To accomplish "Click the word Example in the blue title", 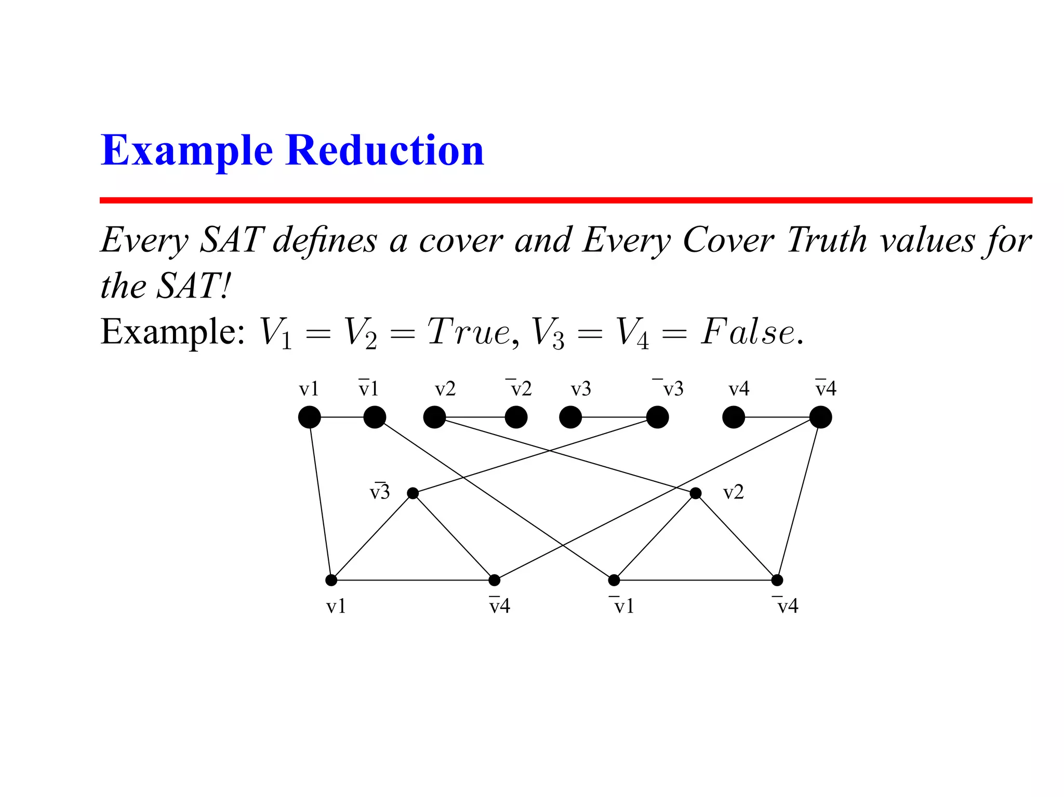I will click(x=187, y=151).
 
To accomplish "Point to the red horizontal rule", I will click(x=565, y=200).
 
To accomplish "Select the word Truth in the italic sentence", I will click(x=827, y=240).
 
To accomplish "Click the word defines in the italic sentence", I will click(x=325, y=240).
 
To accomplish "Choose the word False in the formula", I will click(x=748, y=332).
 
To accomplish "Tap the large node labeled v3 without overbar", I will click(x=570, y=417).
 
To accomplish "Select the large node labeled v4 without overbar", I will click(x=734, y=417).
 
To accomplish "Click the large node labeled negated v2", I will click(x=516, y=417).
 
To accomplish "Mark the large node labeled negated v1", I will click(x=375, y=417).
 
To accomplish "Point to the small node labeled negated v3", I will click(x=413, y=493).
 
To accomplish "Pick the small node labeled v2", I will click(x=696, y=493).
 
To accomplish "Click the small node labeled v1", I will click(x=331, y=580).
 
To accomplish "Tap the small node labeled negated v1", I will click(x=614, y=580).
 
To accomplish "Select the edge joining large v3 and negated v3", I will click(x=613, y=417).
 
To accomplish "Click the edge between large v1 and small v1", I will click(x=320, y=498).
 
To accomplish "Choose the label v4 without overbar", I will click(x=739, y=389).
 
